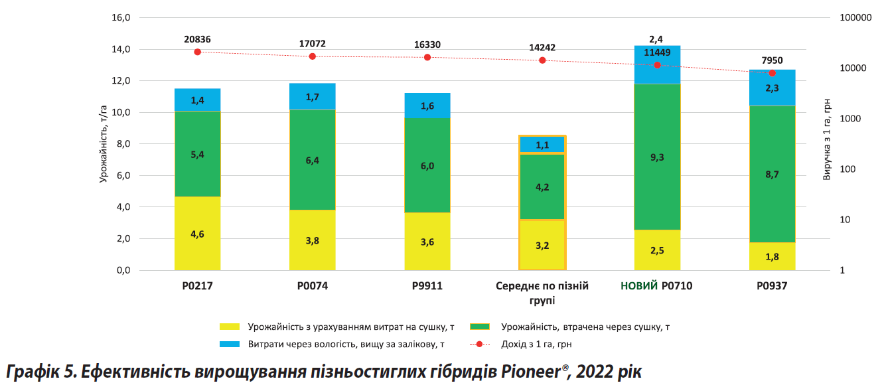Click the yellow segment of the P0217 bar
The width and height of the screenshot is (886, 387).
[x=197, y=233]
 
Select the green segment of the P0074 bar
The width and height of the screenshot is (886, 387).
[x=312, y=159]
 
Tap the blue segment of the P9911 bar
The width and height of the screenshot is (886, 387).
[x=427, y=106]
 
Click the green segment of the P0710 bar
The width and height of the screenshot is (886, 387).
[x=657, y=157]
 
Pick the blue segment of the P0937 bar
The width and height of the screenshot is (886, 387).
[x=772, y=88]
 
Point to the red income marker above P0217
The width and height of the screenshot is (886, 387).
[x=197, y=52]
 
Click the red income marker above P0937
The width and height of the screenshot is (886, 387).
[x=772, y=73]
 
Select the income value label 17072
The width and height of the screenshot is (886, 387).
[x=312, y=44]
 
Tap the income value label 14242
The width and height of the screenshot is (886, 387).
[x=542, y=47]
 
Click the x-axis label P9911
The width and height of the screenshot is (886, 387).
[x=427, y=286]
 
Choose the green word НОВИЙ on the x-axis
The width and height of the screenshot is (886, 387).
[x=639, y=286]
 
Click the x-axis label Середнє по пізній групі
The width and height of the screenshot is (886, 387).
[x=542, y=293]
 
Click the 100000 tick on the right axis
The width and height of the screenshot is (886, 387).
[x=855, y=18]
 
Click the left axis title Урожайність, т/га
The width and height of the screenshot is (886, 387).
[x=104, y=143]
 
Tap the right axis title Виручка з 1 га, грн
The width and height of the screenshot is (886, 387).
[x=827, y=140]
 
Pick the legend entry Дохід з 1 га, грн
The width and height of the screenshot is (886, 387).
[x=536, y=344]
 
